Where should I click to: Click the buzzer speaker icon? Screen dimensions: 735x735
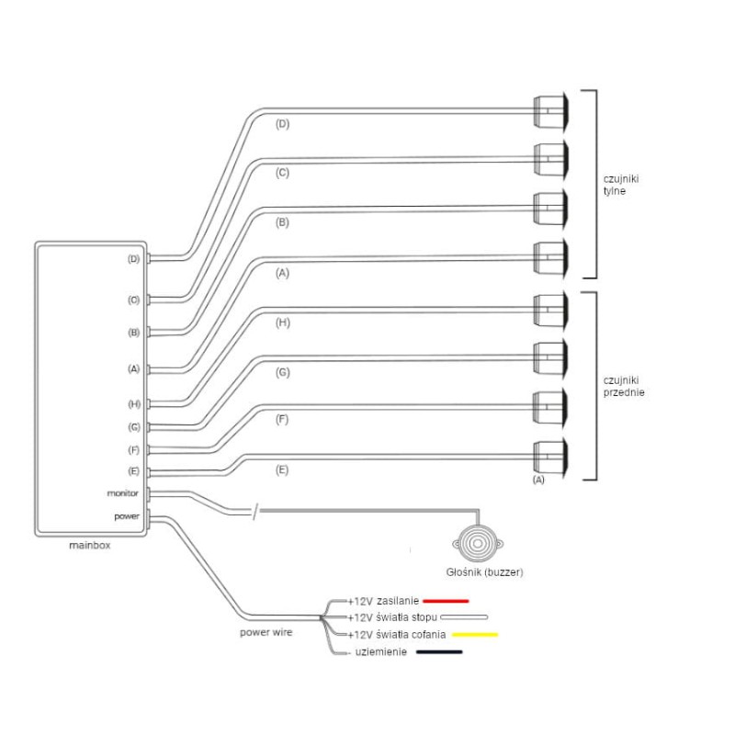click(x=476, y=544)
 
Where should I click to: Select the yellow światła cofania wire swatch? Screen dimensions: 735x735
click(x=474, y=635)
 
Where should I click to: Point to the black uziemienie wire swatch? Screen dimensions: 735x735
click(x=439, y=652)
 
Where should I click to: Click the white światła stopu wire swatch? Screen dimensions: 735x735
click(x=464, y=617)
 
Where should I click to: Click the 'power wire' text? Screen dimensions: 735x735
click(x=266, y=632)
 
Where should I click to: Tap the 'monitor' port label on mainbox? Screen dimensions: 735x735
click(x=122, y=493)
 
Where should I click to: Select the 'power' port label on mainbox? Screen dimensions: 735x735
click(x=127, y=516)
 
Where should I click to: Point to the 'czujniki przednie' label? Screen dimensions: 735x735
click(x=624, y=386)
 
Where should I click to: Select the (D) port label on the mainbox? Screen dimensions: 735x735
click(x=133, y=259)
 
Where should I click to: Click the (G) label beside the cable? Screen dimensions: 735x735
click(x=282, y=372)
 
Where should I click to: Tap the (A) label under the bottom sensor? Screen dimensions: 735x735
click(x=539, y=481)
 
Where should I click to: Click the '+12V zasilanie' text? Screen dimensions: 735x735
click(x=381, y=600)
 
